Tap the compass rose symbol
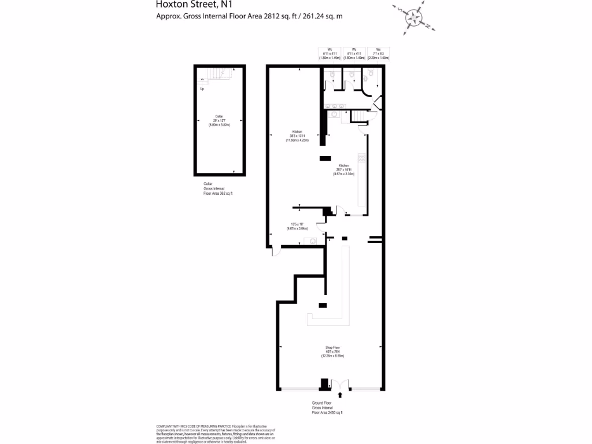(x=414, y=18)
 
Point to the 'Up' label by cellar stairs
(x=202, y=89)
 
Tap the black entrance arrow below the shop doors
(x=340, y=395)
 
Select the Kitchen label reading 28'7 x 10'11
(x=343, y=169)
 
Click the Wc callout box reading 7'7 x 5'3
(x=378, y=54)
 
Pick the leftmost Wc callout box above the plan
(x=330, y=54)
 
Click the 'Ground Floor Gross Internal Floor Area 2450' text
(x=327, y=408)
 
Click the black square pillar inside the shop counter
(x=323, y=305)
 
